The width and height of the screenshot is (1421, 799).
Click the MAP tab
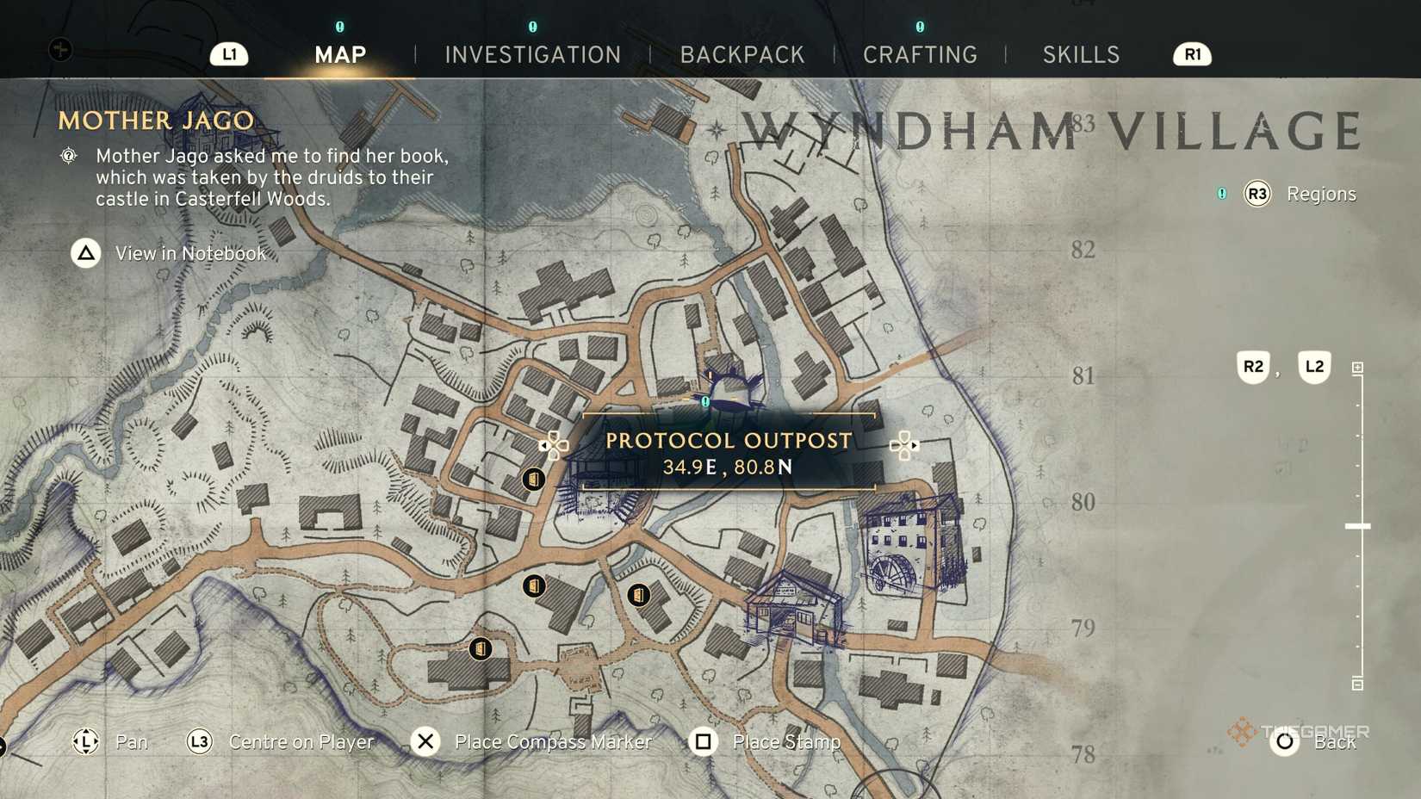click(340, 55)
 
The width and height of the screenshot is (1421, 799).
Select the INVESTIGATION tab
click(532, 55)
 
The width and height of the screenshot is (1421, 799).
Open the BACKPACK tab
click(742, 55)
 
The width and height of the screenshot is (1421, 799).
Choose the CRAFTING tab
click(920, 55)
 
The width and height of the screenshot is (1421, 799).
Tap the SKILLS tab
click(1081, 55)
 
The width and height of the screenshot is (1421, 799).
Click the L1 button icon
click(229, 55)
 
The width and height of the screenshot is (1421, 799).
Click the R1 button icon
click(1192, 55)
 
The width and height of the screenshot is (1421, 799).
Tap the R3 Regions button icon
click(1257, 194)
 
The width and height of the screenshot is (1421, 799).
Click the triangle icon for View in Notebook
click(86, 253)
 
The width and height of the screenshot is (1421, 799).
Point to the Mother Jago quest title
click(156, 121)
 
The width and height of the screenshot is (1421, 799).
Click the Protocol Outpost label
click(729, 441)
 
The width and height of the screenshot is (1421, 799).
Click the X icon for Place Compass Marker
click(425, 741)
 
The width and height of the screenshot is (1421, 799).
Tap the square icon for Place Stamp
click(703, 741)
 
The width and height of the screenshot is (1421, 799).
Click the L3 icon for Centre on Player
click(199, 741)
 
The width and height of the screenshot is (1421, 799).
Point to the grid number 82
click(1083, 250)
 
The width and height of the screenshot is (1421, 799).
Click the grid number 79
click(1083, 628)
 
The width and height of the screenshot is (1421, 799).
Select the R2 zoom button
click(1253, 367)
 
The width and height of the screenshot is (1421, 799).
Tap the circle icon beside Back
click(1284, 741)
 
